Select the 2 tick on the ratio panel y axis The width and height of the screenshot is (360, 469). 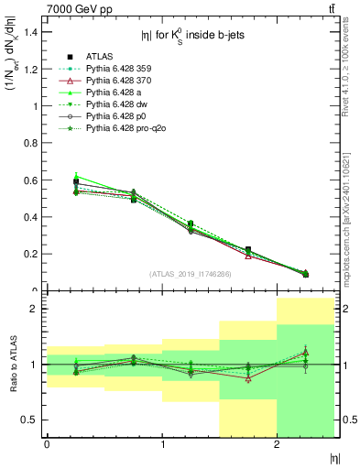(x=36, y=309)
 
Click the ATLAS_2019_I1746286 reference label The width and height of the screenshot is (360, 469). (x=190, y=274)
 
